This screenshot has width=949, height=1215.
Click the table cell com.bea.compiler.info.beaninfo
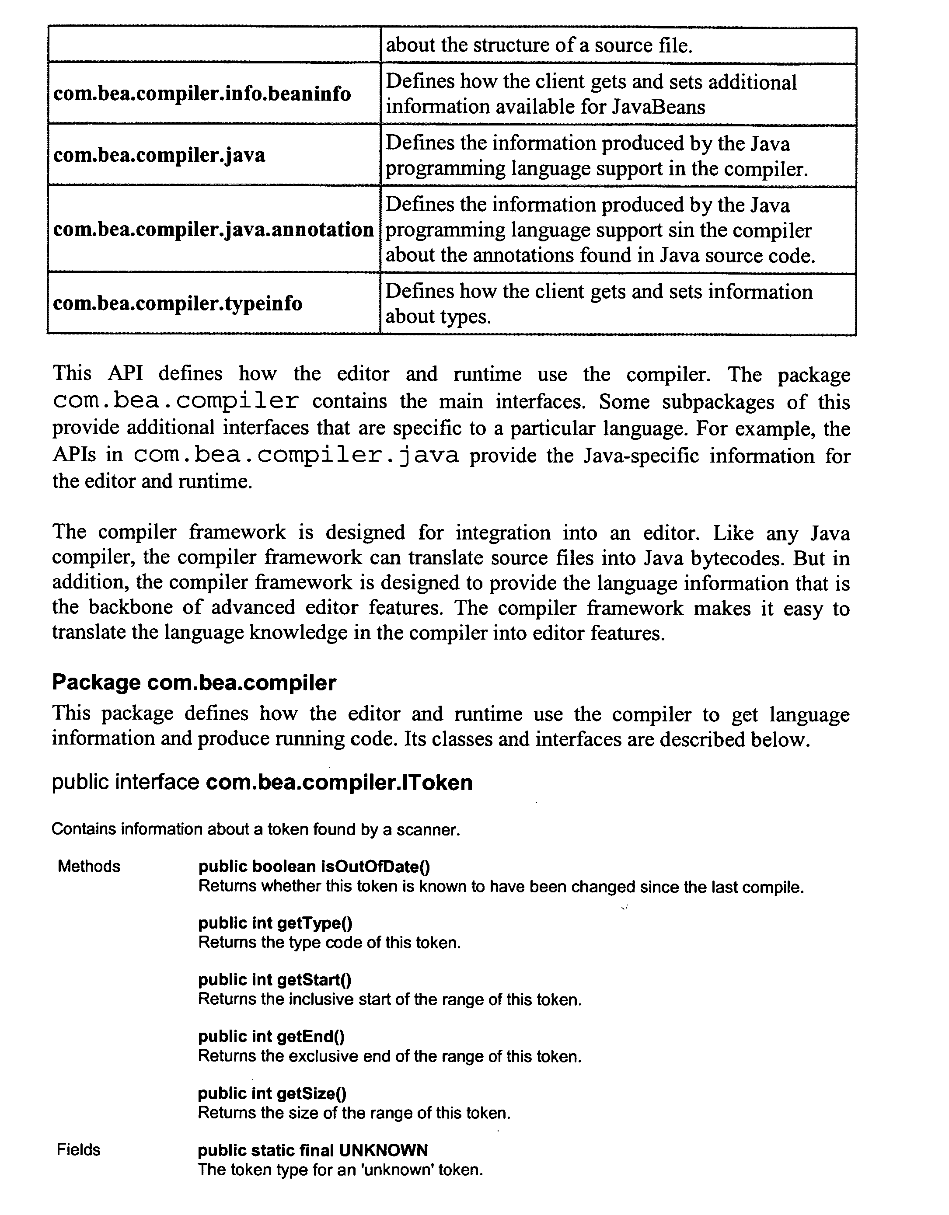(x=202, y=94)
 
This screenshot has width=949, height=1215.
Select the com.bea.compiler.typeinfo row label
(x=178, y=304)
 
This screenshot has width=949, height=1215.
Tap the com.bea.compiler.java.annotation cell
(x=213, y=229)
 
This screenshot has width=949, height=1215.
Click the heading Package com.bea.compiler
(x=194, y=682)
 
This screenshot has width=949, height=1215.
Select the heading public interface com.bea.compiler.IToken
(x=262, y=783)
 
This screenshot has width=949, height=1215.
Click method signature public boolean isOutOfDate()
(x=314, y=866)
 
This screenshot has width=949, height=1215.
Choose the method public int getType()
(x=275, y=923)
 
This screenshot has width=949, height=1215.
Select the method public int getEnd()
(x=271, y=1037)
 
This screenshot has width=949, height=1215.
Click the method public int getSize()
(x=272, y=1094)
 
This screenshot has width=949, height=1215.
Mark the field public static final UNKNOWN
(x=313, y=1150)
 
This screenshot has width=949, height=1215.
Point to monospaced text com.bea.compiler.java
(x=296, y=456)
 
